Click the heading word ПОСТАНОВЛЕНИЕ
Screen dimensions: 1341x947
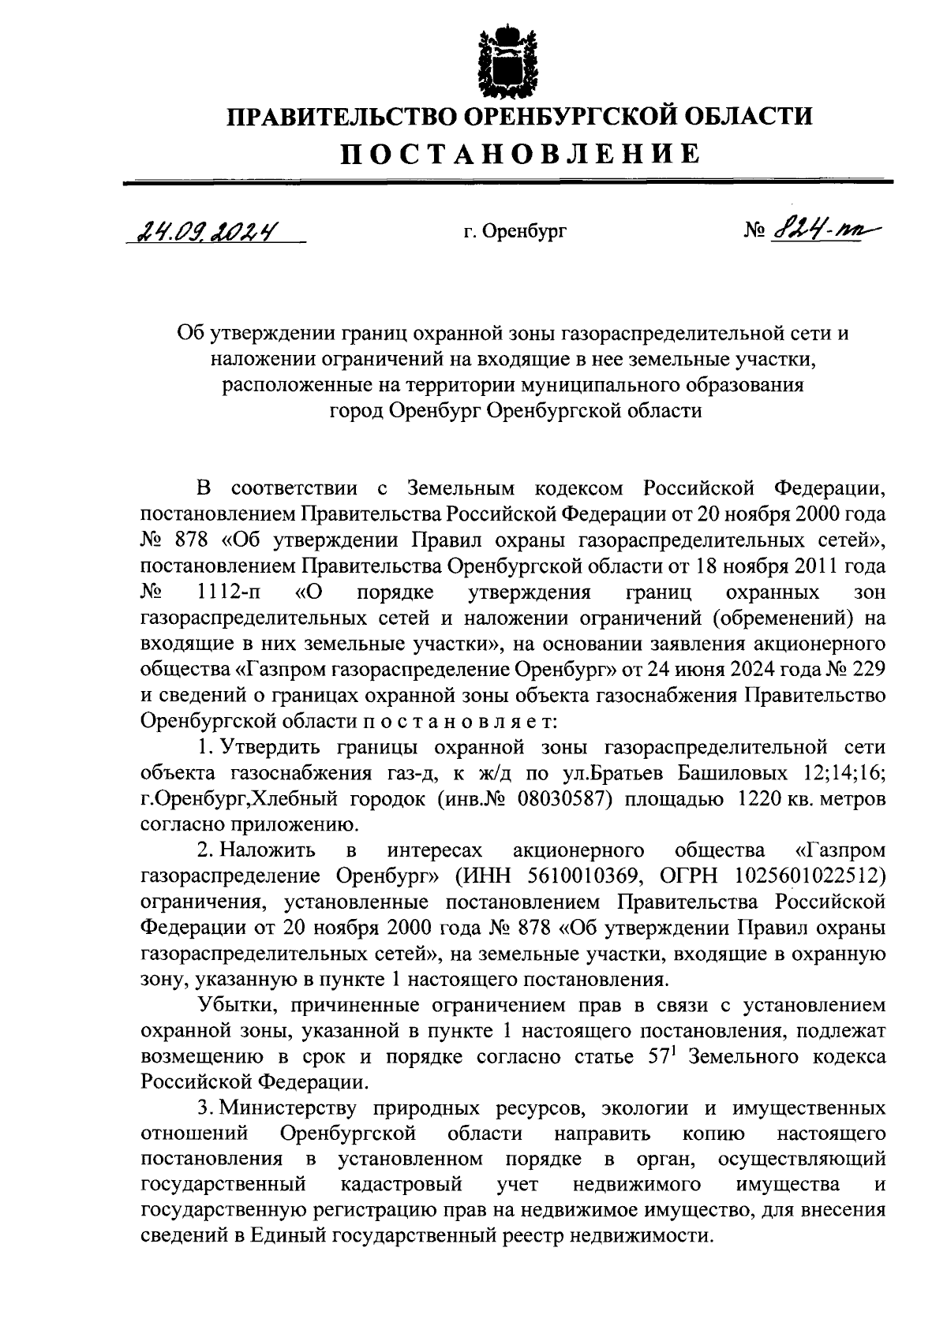click(x=520, y=154)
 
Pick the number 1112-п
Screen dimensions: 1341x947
click(x=230, y=592)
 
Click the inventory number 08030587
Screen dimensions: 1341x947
click(x=566, y=798)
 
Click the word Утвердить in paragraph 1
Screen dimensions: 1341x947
click(x=268, y=746)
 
